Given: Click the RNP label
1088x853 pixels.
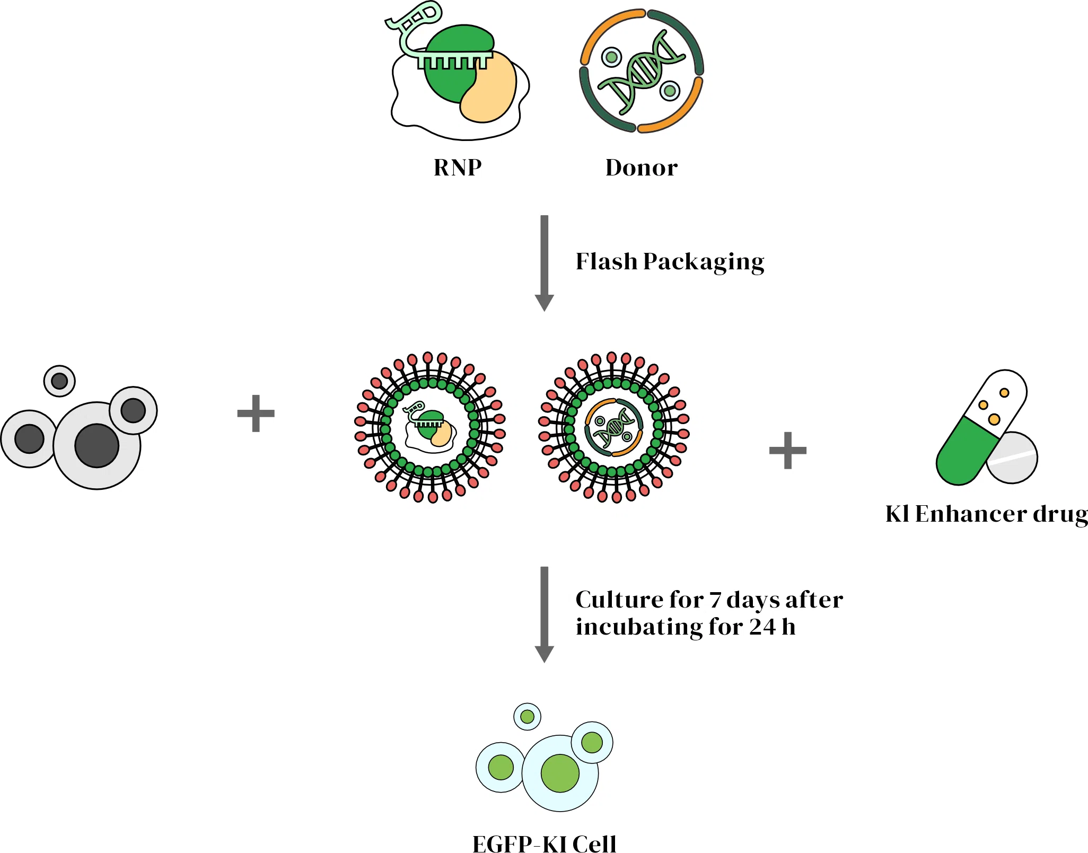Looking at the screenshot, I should [x=458, y=168].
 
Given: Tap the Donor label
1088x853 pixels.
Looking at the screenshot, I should [x=641, y=168].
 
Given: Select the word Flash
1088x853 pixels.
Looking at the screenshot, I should [x=606, y=261].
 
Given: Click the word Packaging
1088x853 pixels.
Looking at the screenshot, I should [x=704, y=262].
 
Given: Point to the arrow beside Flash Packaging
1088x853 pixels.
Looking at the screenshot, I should [x=544, y=262].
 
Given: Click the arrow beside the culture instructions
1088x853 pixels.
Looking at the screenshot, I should [x=544, y=613].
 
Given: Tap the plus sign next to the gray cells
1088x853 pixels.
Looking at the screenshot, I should [x=256, y=413].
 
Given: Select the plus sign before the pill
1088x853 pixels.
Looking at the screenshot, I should [x=787, y=450].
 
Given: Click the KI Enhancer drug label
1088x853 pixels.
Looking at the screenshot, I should [x=986, y=514].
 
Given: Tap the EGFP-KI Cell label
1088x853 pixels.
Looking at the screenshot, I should [x=544, y=843].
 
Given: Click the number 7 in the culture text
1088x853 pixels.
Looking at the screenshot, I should [x=715, y=600].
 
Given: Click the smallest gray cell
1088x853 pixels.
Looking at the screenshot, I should [x=59, y=381].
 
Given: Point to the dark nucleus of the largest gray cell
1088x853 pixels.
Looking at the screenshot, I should [x=96, y=445].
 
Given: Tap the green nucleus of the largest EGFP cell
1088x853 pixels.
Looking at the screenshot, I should [x=560, y=773].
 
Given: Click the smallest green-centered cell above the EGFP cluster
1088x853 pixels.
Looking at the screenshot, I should [x=527, y=717].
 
